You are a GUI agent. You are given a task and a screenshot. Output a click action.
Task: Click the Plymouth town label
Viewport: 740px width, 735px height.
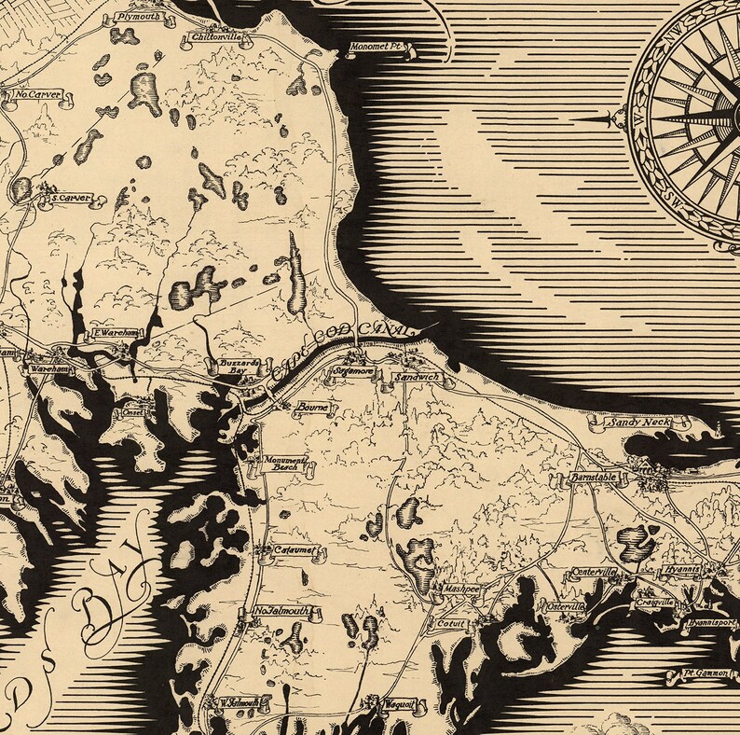(139, 17)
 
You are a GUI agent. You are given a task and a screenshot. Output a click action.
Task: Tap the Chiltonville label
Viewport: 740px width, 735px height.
(214, 37)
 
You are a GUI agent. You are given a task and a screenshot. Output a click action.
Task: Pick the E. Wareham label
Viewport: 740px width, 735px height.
(109, 333)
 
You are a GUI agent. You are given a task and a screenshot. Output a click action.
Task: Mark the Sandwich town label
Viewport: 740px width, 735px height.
(416, 377)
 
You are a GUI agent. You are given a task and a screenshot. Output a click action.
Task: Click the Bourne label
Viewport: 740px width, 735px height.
(307, 408)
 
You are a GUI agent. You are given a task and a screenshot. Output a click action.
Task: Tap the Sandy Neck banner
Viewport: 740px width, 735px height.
(639, 423)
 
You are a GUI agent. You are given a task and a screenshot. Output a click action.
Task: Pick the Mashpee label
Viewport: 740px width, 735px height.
(460, 589)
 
